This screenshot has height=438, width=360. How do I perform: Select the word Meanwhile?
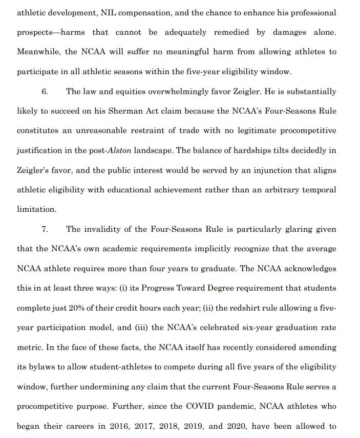pos(38,52)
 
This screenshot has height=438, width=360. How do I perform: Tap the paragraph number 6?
pos(45,92)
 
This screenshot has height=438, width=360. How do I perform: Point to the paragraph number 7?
pos(45,229)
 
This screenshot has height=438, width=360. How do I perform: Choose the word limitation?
pos(36,210)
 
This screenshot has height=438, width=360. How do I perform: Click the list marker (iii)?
pos(140,327)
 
